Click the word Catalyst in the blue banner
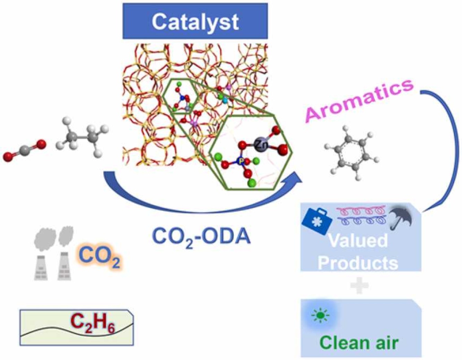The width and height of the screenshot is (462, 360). click(x=195, y=22)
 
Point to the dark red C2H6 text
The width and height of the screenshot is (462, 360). click(x=93, y=325)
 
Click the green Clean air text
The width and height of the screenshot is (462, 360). click(x=359, y=343)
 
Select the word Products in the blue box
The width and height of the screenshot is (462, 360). click(x=358, y=263)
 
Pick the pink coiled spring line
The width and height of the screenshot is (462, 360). click(x=361, y=211)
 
